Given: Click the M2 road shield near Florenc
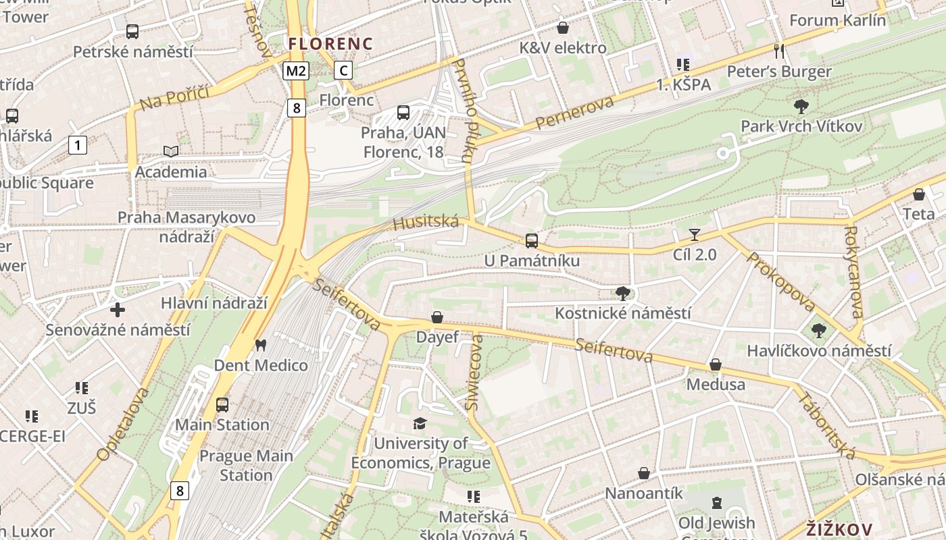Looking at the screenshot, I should pos(296,71).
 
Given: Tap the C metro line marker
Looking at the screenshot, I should pos(343,70).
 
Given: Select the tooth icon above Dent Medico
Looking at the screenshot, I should pos(260,346).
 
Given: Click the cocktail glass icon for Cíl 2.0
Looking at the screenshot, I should pos(694,235).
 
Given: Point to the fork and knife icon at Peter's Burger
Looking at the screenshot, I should pos(779,51).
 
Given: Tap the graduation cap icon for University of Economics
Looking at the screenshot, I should pos(420,424).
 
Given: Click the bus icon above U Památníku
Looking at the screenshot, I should pos(532,241).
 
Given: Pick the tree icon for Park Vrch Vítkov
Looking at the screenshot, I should pos(801,107).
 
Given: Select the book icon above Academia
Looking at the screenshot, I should pos(171,152).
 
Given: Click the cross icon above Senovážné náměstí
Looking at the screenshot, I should pos(118,310).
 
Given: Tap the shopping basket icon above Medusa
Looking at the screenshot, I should pos(716,365).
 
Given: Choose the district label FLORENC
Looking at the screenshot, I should pos(330,44).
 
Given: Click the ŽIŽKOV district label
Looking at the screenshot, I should pos(839,529).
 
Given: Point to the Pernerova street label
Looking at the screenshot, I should pos(574,113).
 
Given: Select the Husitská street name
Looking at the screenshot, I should pos(426,222).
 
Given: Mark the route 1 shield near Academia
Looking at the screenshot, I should pos(78,145).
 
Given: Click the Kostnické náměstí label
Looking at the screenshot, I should pos(622,313).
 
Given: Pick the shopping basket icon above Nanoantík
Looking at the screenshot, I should pos(644,474).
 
